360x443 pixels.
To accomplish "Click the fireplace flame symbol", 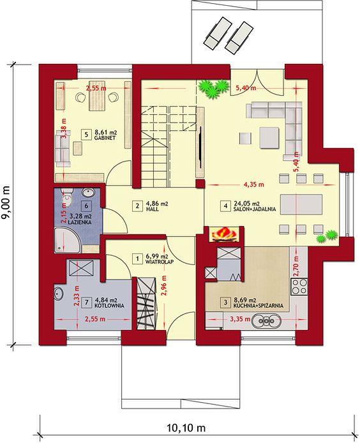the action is tap(225, 234).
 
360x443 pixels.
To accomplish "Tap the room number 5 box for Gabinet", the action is tap(86, 134).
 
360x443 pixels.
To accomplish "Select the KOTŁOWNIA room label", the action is tap(109, 306).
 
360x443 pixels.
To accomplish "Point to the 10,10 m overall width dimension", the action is tap(186, 428).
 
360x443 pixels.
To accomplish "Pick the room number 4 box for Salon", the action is tap(225, 206).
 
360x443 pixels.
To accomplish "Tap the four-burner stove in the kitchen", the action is tap(299, 287).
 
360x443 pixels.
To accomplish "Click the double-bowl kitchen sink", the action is tap(266, 320).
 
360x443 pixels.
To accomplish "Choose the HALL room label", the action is tap(153, 209).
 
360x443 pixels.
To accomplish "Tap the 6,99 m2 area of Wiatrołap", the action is tap(157, 257).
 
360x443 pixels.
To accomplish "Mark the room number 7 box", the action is tap(86, 303).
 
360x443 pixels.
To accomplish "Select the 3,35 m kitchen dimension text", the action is tap(240, 320).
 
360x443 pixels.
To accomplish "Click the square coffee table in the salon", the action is tap(269, 138).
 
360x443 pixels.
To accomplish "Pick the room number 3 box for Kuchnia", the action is tap(225, 303).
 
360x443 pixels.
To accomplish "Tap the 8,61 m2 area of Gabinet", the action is tap(106, 132).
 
